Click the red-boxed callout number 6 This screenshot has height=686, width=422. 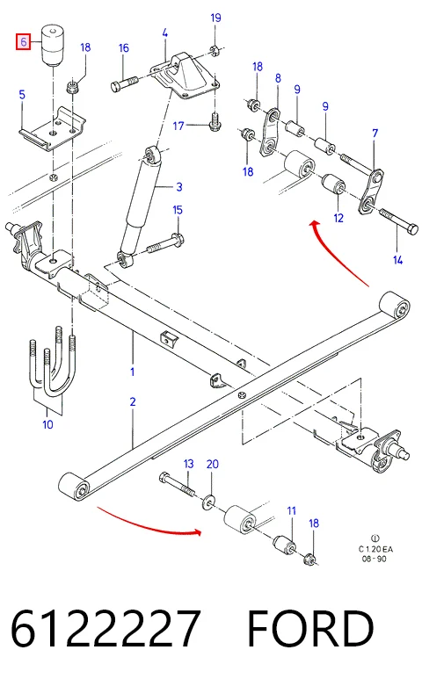23,41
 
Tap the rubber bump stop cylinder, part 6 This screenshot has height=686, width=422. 53,46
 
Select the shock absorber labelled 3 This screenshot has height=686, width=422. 139,206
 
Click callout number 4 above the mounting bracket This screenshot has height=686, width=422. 164,32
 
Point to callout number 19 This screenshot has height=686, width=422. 215,18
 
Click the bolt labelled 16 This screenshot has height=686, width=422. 125,83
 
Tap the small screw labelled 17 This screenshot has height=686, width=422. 215,122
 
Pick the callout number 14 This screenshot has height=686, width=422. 397,260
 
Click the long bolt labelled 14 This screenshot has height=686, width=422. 398,221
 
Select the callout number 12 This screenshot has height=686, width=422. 338,218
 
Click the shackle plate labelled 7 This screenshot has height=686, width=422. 371,192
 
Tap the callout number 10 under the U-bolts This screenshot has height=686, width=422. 47,424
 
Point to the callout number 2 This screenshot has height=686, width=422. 133,401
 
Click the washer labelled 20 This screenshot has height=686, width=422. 208,502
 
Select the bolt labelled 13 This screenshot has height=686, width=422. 177,484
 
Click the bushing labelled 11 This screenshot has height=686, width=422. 285,544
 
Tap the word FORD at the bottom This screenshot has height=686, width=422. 310,628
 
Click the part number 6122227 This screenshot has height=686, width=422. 105,628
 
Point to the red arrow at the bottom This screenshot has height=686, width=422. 149,524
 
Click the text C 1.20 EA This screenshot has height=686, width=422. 375,549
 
